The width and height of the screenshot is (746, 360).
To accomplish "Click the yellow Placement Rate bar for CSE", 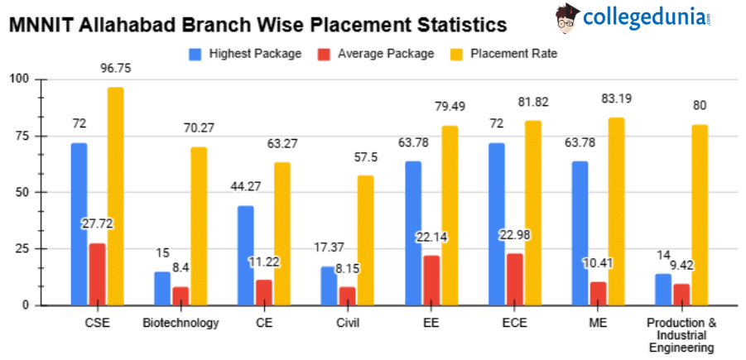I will pyautogui.click(x=115, y=196).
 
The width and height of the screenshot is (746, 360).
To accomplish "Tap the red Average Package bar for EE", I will pyautogui.click(x=431, y=280).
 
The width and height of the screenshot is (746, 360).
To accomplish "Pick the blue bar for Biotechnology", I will pyautogui.click(x=162, y=288).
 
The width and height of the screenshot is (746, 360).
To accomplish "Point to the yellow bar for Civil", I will pyautogui.click(x=366, y=240).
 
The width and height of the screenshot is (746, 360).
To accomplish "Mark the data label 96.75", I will pyautogui.click(x=115, y=68).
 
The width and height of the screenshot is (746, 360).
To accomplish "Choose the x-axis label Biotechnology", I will pyautogui.click(x=180, y=323).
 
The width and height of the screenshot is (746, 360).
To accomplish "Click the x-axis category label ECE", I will pyautogui.click(x=514, y=323).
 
